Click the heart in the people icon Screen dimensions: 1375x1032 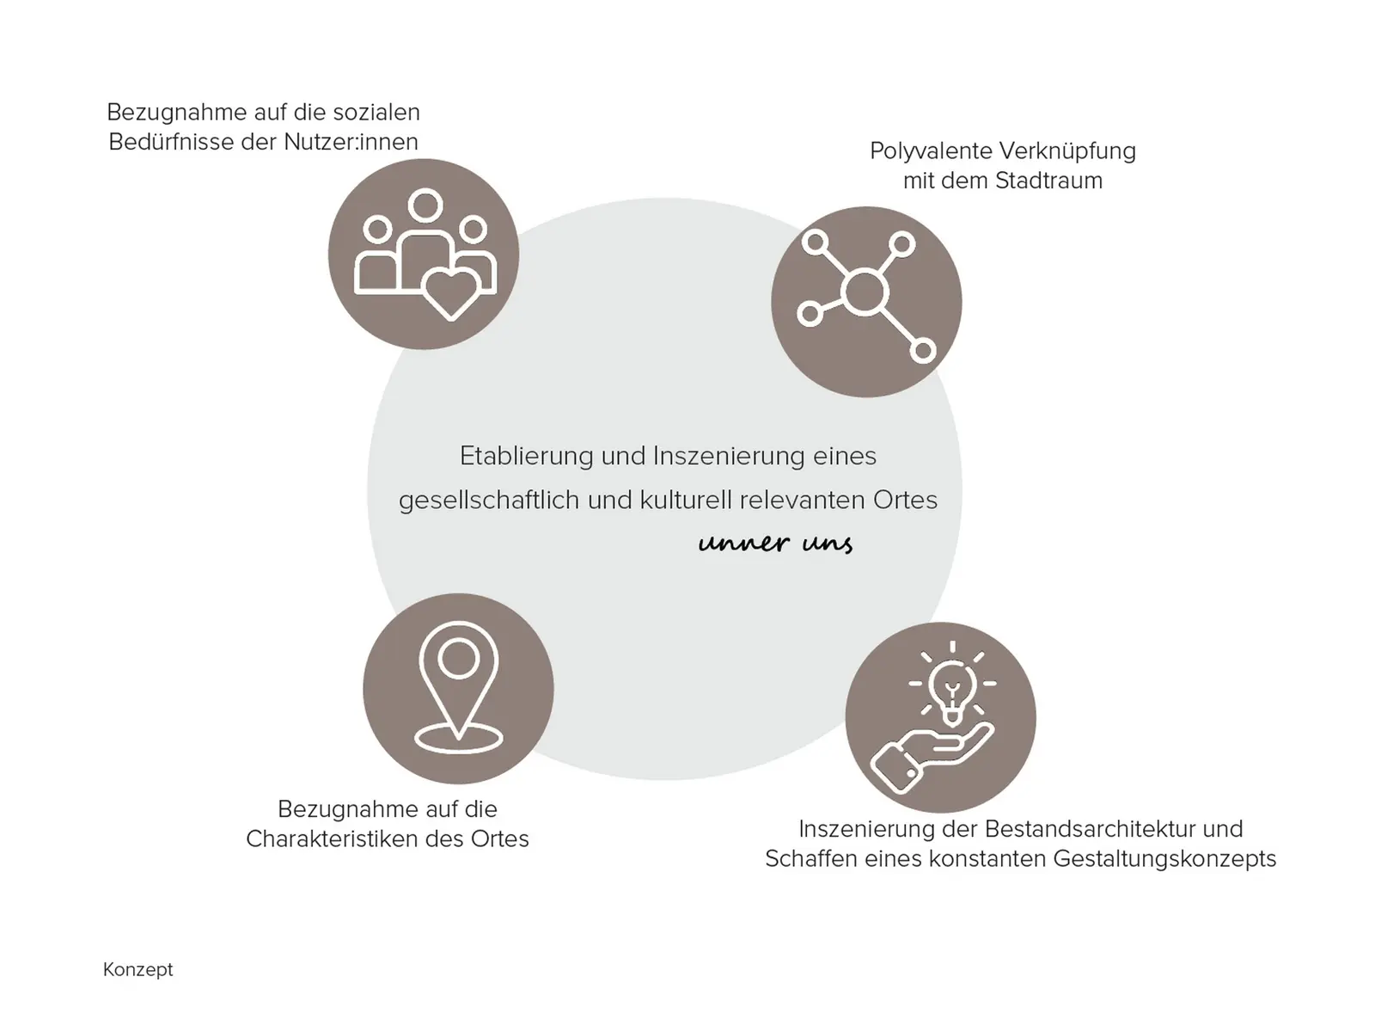pos(450,294)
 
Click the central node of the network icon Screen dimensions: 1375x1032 pos(865,292)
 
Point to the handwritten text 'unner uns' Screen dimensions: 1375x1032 pos(775,542)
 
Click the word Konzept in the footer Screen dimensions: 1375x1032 pos(137,970)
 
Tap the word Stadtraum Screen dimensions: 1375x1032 pos(1048,181)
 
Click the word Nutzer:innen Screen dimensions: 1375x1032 pos(351,142)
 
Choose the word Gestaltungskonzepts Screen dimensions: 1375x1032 pos(1164,859)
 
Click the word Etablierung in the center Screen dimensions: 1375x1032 pos(526,456)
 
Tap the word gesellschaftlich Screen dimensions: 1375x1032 pos(489,500)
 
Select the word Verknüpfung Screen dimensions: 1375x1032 pos(1067,151)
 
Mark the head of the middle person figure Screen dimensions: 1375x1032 pos(425,205)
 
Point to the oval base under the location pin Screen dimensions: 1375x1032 pos(459,739)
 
